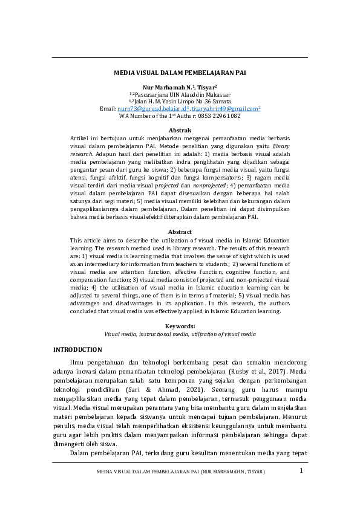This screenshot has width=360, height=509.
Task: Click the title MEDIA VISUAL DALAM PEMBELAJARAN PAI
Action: point(180,73)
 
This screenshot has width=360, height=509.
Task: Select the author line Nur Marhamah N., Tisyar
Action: point(180,88)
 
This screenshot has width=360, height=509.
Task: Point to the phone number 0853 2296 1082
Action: point(206,115)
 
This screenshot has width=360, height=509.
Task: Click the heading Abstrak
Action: point(180,131)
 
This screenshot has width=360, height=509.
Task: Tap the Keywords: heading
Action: point(180,326)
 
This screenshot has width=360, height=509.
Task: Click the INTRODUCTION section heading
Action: point(78,350)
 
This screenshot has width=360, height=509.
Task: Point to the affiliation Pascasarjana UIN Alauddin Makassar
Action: point(182,95)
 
